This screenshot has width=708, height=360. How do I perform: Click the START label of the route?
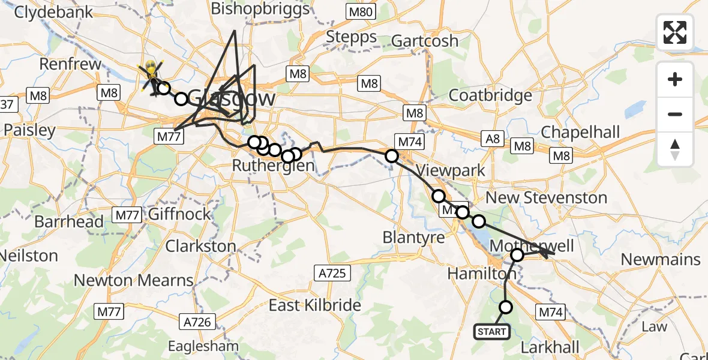[492, 331]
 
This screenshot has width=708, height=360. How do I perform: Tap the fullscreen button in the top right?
[675, 32]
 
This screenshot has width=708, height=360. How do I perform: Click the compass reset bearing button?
[675, 149]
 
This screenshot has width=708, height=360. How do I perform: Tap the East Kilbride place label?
[314, 305]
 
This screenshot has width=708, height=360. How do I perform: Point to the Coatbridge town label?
[490, 95]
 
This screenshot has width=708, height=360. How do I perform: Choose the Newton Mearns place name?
[133, 280]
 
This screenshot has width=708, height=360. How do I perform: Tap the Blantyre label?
[414, 238]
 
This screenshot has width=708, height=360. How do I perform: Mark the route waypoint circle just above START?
[506, 307]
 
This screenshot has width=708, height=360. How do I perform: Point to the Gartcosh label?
[425, 41]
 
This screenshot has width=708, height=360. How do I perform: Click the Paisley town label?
[29, 130]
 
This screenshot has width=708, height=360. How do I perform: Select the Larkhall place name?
[550, 347]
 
